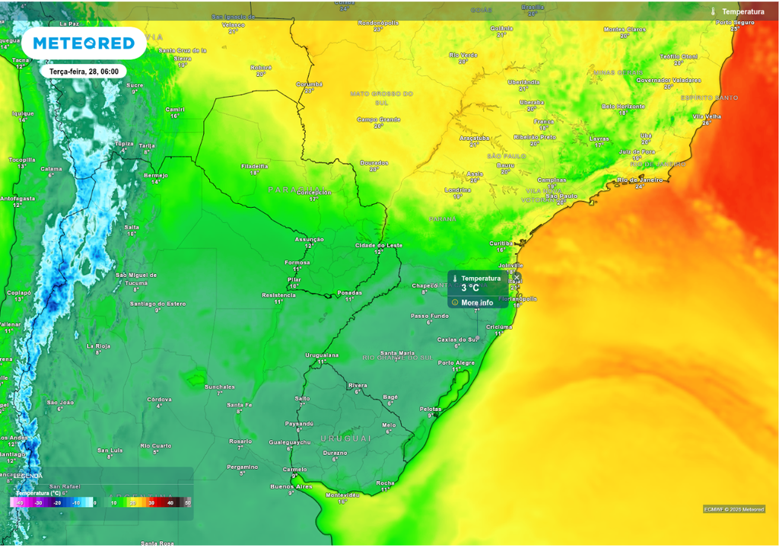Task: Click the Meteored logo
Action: tap(84, 43)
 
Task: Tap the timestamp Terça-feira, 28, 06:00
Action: tap(84, 71)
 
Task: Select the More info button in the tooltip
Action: tap(477, 302)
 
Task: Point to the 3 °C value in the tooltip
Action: tap(470, 288)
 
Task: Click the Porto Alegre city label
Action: tap(456, 362)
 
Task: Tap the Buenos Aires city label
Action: tap(291, 486)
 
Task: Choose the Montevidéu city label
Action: tap(342, 495)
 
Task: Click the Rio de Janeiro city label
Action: tap(640, 180)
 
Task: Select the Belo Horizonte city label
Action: tap(622, 107)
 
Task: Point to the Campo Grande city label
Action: tap(378, 119)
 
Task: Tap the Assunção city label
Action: tap(310, 239)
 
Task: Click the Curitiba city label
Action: tap(501, 243)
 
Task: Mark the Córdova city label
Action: tap(159, 399)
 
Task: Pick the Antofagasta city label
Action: tap(17, 199)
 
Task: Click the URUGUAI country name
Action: tap(345, 438)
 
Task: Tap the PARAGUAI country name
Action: tap(296, 189)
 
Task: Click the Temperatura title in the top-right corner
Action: tap(742, 11)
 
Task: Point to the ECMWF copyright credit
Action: tap(733, 509)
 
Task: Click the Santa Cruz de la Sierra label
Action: tap(183, 53)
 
